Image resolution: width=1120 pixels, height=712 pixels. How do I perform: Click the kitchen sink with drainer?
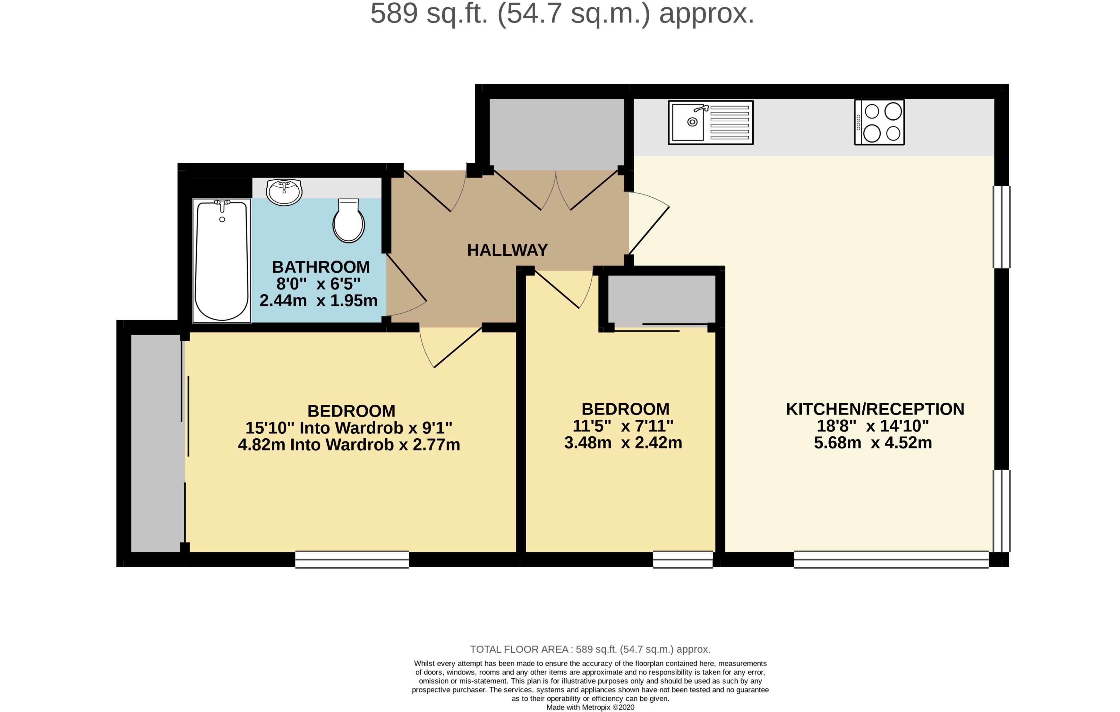point(710,122)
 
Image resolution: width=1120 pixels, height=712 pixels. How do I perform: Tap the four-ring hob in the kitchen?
point(879,122)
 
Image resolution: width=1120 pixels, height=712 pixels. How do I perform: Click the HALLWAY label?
point(507,250)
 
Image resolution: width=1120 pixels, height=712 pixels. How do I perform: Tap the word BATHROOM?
point(321,267)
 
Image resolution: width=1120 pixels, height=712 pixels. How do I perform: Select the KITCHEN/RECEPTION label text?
point(875,409)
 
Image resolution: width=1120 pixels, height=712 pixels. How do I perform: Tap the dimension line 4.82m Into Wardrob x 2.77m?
point(349,445)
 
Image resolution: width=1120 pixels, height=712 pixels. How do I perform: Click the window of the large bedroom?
point(352,560)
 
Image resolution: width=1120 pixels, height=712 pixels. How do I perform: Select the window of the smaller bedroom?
point(682,560)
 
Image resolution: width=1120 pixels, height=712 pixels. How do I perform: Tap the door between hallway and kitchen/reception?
point(649,228)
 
